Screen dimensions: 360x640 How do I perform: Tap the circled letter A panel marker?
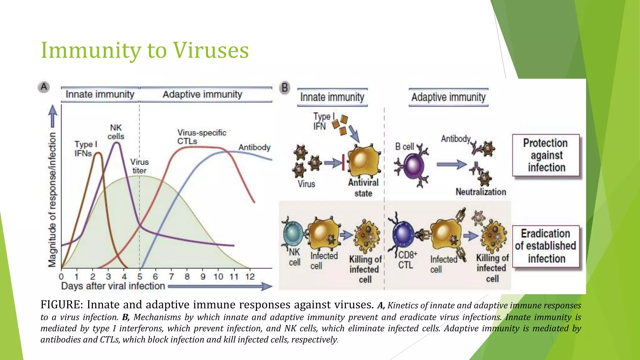44,87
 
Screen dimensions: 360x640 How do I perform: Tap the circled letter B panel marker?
285,88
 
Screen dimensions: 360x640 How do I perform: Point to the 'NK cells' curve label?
116,132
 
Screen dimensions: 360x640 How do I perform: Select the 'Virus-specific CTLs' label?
202,137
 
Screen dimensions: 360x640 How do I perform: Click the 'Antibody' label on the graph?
254,147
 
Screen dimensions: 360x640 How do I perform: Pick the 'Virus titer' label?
139,166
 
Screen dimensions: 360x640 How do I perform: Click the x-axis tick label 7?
171,277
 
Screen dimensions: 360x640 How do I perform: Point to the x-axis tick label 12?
250,277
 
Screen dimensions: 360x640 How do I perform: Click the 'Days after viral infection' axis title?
113,286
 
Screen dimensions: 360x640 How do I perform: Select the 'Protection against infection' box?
546,155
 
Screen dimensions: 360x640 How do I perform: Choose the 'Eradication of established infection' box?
546,246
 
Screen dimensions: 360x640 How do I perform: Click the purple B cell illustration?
414,167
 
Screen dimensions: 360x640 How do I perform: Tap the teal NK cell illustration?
293,233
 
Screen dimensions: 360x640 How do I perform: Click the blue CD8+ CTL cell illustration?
402,233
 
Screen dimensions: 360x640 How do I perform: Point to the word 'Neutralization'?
481,192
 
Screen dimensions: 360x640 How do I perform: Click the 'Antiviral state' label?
363,188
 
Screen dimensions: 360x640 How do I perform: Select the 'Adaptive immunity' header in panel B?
448,97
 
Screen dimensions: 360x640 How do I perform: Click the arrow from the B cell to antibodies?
451,164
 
